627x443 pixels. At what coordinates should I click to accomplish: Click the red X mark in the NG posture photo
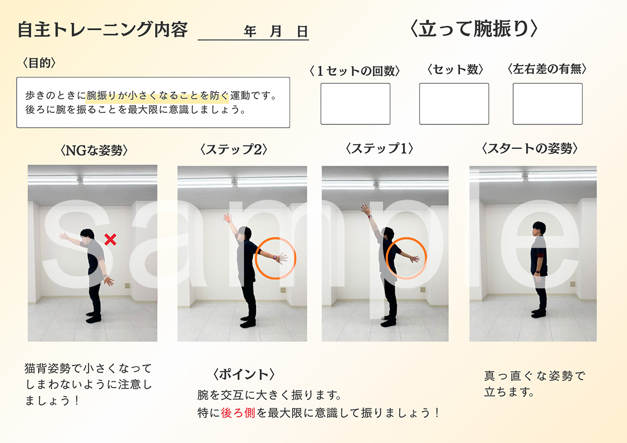click(110, 240)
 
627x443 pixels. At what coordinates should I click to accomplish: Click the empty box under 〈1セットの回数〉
click(355, 104)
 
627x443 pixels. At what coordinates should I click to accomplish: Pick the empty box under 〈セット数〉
click(454, 104)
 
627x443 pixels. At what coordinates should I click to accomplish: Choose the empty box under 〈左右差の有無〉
click(548, 104)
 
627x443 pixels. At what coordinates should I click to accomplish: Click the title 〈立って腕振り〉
click(473, 29)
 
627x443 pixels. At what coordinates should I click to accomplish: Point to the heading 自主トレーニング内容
click(102, 30)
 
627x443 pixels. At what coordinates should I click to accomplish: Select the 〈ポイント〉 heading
click(243, 375)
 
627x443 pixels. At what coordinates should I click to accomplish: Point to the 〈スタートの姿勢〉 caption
click(529, 148)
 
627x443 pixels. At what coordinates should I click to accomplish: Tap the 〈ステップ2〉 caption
click(234, 149)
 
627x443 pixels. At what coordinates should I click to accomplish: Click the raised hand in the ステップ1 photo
click(365, 209)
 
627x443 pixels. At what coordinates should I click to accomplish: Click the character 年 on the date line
click(250, 31)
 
